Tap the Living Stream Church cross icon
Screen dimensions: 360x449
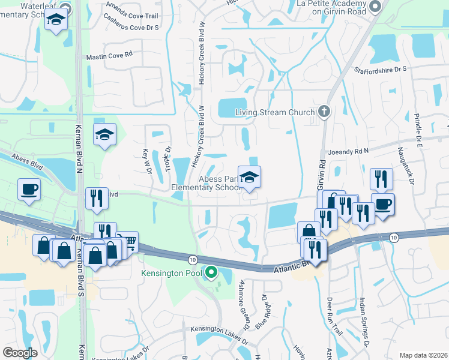tap(324, 112)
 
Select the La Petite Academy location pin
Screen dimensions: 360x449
tap(376, 7)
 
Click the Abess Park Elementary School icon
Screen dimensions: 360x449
tap(249, 177)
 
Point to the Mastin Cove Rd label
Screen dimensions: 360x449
tap(109, 55)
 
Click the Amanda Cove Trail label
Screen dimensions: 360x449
tap(132, 10)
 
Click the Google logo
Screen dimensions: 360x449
tap(20, 353)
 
